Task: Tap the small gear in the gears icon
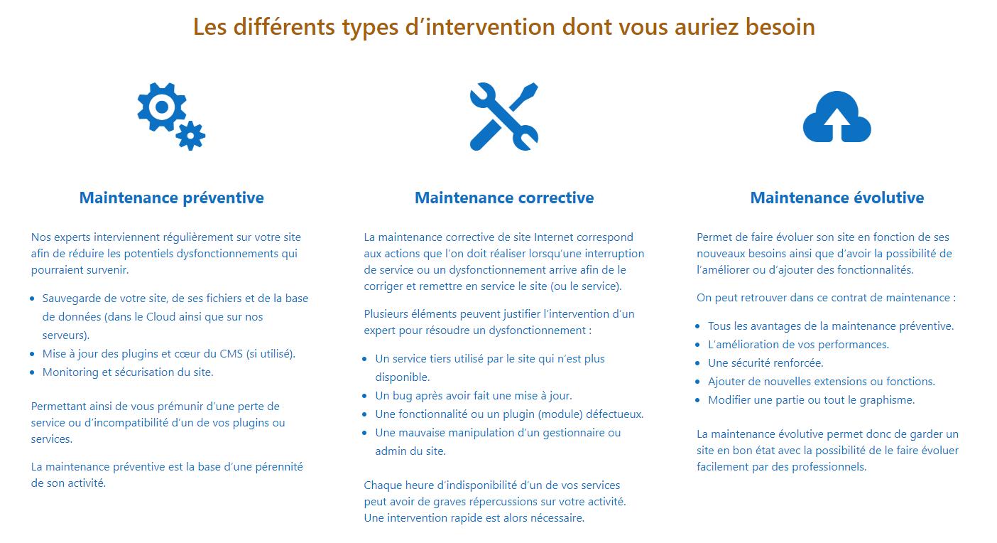(x=190, y=136)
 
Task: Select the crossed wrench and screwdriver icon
(x=504, y=117)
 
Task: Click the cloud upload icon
(x=837, y=117)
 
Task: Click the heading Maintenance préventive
(x=171, y=198)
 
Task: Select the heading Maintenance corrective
(x=504, y=198)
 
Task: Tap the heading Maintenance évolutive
(x=837, y=198)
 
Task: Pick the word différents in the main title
(x=284, y=27)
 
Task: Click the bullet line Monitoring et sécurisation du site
(x=128, y=372)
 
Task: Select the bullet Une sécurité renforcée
(x=766, y=363)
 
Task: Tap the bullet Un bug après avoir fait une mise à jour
(x=474, y=396)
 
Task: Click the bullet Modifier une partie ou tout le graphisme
(x=811, y=400)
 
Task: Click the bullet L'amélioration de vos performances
(x=798, y=344)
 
